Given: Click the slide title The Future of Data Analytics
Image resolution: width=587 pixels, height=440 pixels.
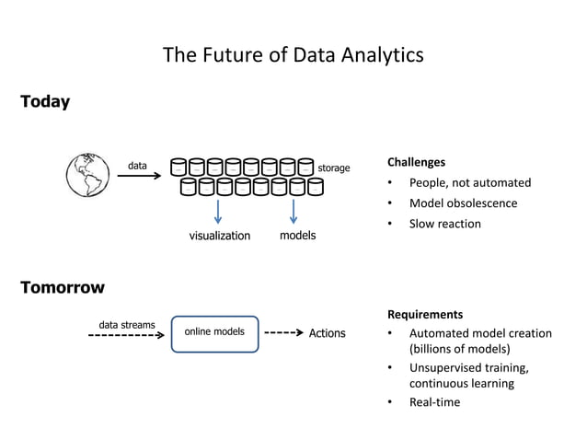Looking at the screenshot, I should pos(293,55).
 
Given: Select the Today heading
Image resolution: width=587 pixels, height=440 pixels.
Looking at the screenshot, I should pos(45,102).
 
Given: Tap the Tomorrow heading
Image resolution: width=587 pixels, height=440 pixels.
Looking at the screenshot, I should pos(63,287).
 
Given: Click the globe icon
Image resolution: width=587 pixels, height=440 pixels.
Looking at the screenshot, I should pos(87,174).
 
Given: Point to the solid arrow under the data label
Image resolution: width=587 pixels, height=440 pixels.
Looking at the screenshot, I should pos(139,179).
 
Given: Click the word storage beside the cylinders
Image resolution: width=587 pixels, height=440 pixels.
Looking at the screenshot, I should pos(333,168).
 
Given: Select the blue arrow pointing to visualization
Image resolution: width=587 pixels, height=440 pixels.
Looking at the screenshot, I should pos(218,211).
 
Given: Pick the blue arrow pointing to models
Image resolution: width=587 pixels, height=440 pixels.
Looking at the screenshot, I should pos(293,211).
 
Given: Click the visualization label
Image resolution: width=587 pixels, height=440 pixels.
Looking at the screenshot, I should pos(219,236).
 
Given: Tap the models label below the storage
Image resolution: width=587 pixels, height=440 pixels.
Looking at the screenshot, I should pos(297,236).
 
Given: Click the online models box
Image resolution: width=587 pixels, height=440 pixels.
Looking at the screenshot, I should pos(214,333).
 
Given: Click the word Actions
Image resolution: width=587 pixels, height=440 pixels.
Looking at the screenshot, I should pos(327,333).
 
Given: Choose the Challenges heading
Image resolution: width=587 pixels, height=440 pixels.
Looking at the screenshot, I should pos(416,162).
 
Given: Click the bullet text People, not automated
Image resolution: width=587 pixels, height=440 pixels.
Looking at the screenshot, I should pos(469,183).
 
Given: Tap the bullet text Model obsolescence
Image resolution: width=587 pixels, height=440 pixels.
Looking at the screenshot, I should pos(463,203).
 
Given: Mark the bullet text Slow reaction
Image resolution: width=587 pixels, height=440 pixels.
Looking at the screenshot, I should pos(444,224).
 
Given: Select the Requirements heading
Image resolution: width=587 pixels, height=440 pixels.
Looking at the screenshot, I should pos(424,314).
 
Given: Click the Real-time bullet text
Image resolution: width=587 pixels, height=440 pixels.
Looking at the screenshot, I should pos(434,402).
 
